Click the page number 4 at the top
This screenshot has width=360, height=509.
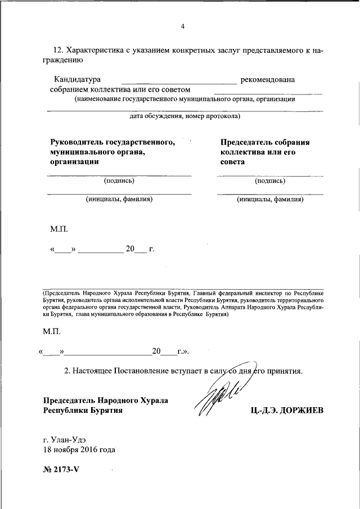(x=183, y=26)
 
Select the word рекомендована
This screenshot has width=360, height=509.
(x=267, y=80)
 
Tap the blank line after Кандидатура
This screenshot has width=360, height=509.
(x=179, y=83)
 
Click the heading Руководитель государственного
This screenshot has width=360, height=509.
(x=112, y=143)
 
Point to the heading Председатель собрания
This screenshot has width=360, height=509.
(x=265, y=143)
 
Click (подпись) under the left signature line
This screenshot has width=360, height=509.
(x=119, y=181)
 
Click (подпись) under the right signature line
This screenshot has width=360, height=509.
(x=270, y=181)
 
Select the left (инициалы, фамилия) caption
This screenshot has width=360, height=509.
(x=119, y=199)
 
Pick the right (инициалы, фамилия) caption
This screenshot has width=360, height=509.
(x=270, y=199)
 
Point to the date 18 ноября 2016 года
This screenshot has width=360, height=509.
(x=79, y=450)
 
